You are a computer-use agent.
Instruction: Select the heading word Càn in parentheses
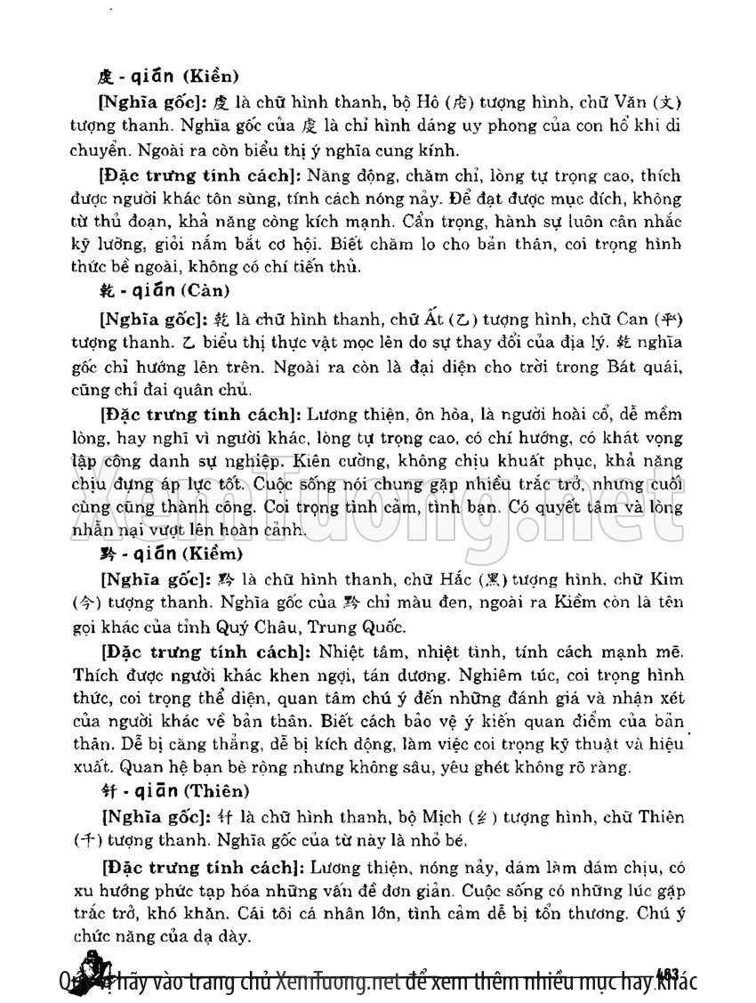[207, 291]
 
